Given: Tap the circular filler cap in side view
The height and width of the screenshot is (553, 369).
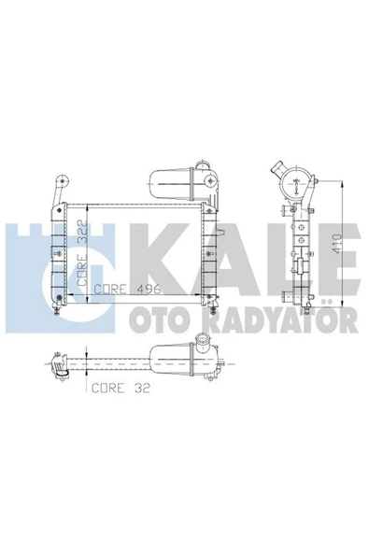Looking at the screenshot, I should (x=295, y=184).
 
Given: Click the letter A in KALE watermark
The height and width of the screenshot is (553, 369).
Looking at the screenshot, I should (x=207, y=260).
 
